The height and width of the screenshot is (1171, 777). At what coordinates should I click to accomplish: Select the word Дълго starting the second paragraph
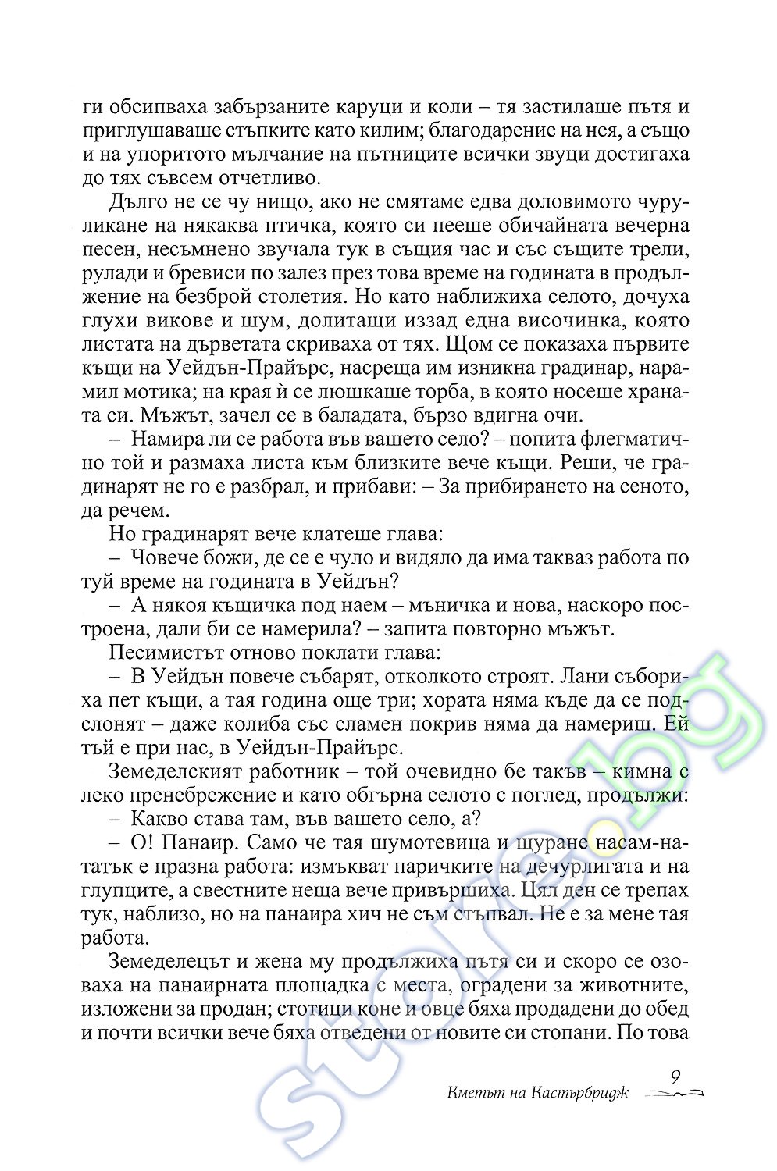click(139, 202)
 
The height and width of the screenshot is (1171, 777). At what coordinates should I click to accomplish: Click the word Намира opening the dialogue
click(170, 440)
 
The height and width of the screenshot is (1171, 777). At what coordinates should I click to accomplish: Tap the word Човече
click(166, 558)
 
